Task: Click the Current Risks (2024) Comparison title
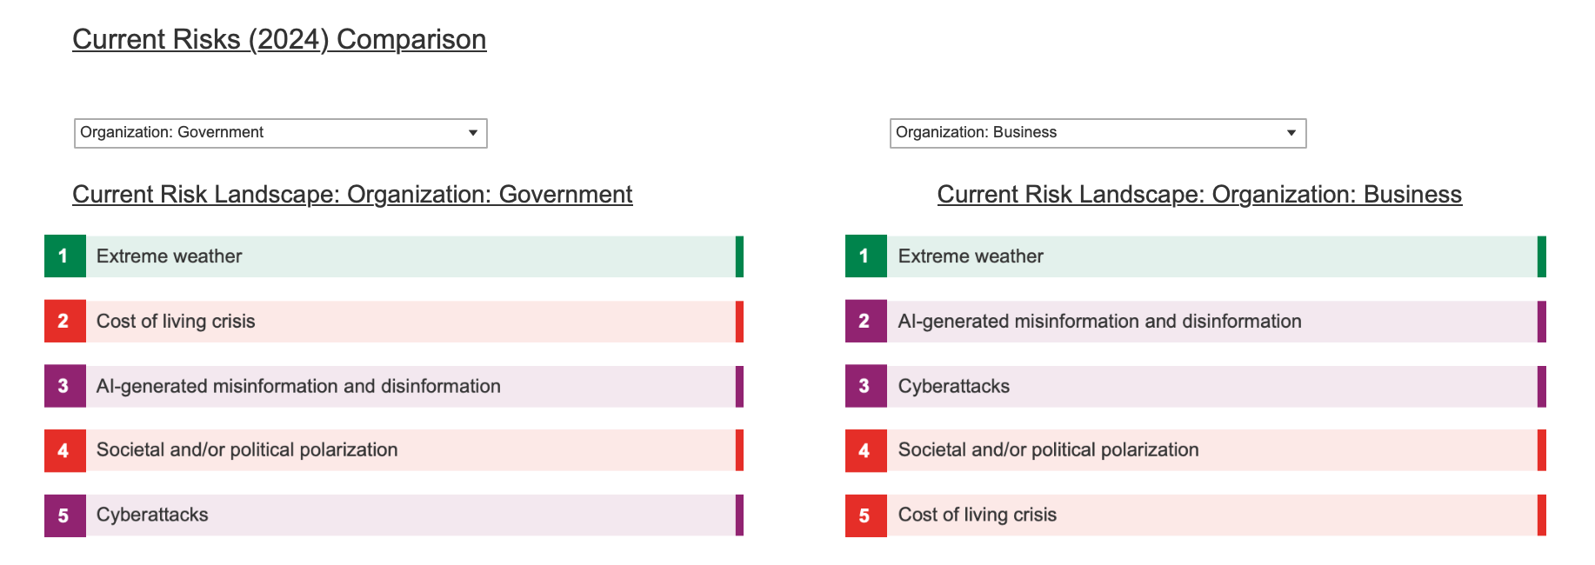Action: coord(279,40)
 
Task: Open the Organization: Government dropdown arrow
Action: coord(473,133)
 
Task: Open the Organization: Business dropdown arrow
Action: coord(1291,133)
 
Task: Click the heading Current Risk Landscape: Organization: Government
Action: coord(352,195)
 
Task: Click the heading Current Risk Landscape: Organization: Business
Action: coord(1199,195)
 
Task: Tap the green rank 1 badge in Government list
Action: coord(65,256)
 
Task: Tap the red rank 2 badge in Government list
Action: coord(65,322)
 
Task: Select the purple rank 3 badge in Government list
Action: coord(65,386)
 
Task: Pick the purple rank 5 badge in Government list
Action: coord(65,515)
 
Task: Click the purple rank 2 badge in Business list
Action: coord(866,322)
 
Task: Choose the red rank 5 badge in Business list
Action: coord(866,515)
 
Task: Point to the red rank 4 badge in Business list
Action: coord(866,450)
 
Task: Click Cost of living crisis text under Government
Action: coord(176,322)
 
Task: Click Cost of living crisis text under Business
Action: coord(978,515)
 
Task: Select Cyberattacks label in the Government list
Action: coord(152,515)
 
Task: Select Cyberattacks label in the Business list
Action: coord(954,386)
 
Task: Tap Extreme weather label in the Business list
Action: coord(971,256)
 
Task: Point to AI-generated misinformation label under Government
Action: coord(298,386)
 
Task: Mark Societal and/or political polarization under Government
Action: coord(247,449)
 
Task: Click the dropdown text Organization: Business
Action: coord(976,132)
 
